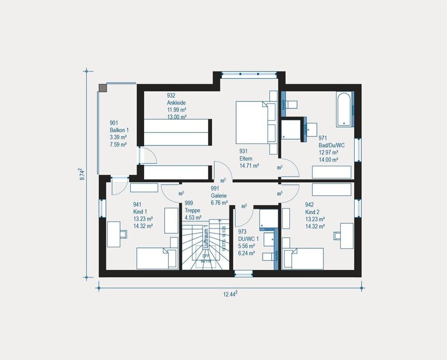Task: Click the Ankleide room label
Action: [x=177, y=103]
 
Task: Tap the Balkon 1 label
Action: [x=120, y=130]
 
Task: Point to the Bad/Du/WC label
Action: [x=331, y=145]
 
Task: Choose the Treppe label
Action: [x=192, y=210]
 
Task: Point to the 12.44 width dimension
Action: [x=230, y=294]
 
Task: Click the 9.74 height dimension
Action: [x=81, y=175]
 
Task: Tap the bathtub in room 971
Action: [x=345, y=109]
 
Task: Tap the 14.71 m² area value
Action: [x=250, y=166]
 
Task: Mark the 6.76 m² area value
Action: [x=219, y=203]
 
